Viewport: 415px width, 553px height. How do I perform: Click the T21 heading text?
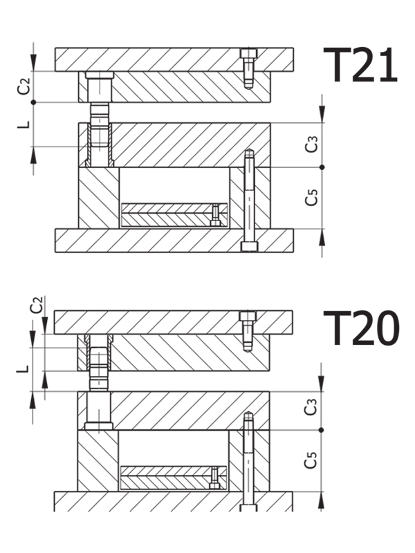tap(360, 66)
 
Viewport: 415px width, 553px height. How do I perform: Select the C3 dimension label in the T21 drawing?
tap(312, 144)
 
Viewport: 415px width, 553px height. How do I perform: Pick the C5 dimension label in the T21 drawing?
tap(312, 198)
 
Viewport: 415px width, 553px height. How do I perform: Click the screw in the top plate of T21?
tap(248, 68)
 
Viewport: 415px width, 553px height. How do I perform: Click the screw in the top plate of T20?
tap(248, 330)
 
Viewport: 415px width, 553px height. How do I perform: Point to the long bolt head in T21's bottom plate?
tap(249, 246)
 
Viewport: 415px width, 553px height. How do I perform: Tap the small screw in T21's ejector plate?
tap(216, 215)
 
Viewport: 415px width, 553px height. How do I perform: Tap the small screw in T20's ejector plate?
tap(215, 477)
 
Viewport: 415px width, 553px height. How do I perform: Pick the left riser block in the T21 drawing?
tap(98, 197)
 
